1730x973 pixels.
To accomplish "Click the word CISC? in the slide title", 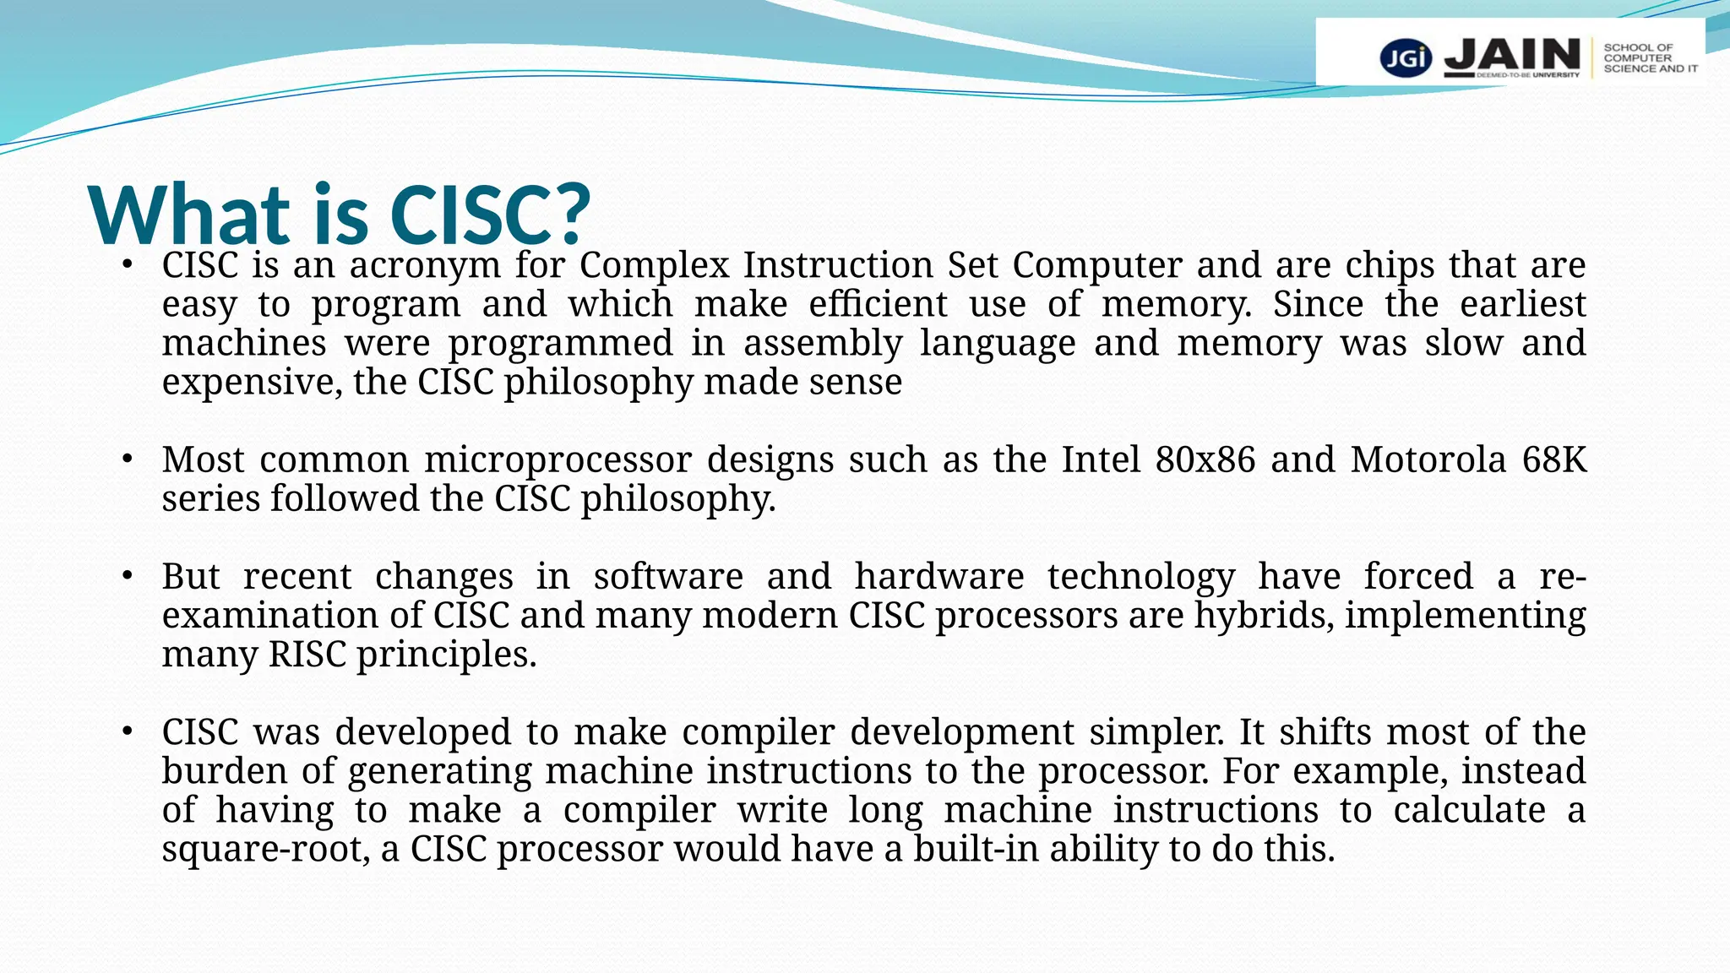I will coord(490,215).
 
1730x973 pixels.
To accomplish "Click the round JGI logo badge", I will coord(1406,57).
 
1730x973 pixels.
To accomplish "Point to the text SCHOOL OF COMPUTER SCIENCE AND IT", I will coord(1650,58).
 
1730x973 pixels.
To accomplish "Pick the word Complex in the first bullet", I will coord(654,266).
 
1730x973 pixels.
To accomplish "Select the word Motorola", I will coord(1428,460).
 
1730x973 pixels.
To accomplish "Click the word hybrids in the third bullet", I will coord(1264,616).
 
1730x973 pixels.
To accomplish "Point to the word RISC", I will coord(307,655).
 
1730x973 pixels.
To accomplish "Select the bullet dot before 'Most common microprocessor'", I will coord(127,460).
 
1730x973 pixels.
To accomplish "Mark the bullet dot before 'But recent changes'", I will coord(127,577).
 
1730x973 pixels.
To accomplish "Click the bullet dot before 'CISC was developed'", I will coord(127,731).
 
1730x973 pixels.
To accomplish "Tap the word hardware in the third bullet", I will coord(939,577).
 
